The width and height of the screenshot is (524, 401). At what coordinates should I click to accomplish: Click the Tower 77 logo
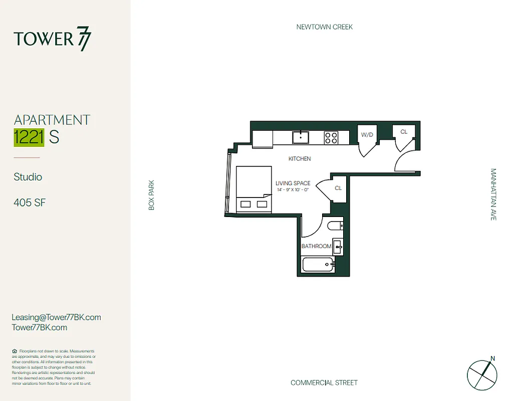point(53,40)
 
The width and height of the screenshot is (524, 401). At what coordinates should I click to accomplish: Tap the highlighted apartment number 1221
point(29,137)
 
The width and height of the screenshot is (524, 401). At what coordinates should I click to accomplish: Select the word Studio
point(28,177)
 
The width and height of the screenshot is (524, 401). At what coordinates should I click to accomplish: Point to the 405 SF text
point(30,203)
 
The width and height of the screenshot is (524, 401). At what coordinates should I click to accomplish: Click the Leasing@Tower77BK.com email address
point(56,317)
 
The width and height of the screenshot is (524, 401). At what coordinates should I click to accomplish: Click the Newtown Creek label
point(325,27)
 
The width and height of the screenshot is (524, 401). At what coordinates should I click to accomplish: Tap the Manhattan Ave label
point(493,194)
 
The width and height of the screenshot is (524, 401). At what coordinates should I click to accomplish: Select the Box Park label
point(152,195)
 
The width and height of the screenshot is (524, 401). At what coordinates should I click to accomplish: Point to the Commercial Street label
point(324,383)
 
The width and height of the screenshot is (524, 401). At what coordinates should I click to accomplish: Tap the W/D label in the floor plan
point(367,134)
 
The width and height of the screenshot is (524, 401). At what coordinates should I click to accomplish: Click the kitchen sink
point(301,137)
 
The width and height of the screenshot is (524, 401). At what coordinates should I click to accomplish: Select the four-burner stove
point(331,137)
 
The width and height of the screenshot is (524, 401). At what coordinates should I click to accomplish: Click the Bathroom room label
point(316,247)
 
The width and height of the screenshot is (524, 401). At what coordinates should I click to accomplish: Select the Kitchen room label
point(300,159)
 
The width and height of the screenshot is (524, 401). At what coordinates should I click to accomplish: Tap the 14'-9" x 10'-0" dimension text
point(293,190)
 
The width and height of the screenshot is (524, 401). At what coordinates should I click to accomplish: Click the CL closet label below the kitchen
point(338,188)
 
